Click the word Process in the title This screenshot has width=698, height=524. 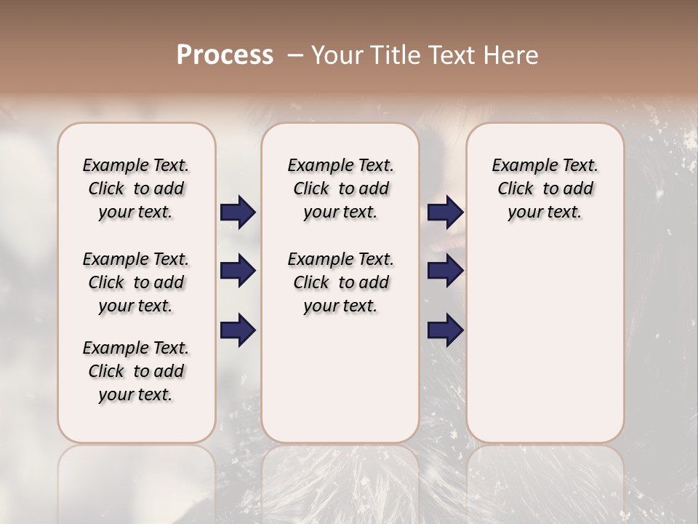(x=225, y=55)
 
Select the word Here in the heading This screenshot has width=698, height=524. (x=512, y=55)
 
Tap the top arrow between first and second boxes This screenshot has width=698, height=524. (x=238, y=213)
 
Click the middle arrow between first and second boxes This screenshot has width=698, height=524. (x=238, y=271)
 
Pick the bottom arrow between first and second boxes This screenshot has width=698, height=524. (x=238, y=330)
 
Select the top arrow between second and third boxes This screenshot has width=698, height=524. (x=445, y=213)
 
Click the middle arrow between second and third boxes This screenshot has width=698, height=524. (x=445, y=271)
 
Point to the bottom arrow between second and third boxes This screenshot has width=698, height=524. (x=445, y=330)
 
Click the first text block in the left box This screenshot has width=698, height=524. (x=136, y=188)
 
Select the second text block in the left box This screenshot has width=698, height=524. (x=136, y=282)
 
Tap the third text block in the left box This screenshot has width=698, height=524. (x=136, y=371)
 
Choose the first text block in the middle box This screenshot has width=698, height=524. (x=340, y=188)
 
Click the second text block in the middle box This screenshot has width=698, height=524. (x=340, y=282)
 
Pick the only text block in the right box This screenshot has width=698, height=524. (x=545, y=188)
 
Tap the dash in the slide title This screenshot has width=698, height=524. (x=295, y=55)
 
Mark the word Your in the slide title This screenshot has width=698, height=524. (x=337, y=55)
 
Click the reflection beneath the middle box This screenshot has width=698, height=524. (x=340, y=480)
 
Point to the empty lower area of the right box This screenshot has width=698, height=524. (x=545, y=335)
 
